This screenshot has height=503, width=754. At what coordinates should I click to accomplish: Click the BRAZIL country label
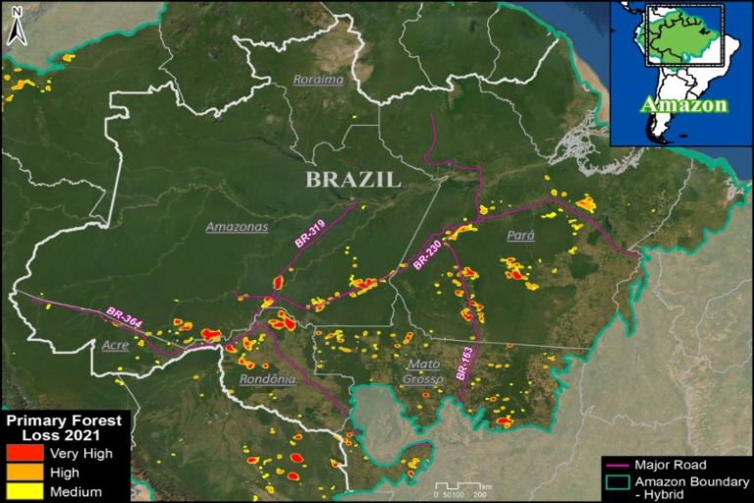352,180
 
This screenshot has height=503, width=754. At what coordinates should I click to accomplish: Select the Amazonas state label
237,227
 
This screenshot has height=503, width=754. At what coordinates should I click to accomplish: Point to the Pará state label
519,237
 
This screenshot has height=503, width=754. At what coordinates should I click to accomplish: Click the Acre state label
115,345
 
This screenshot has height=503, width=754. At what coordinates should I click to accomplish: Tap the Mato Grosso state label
424,370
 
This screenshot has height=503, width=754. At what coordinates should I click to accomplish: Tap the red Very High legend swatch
25,453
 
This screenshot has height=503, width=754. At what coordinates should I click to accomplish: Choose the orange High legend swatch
25,472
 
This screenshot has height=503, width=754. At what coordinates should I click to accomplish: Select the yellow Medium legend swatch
25,490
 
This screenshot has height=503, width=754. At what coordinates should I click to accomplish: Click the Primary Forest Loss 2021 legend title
65,427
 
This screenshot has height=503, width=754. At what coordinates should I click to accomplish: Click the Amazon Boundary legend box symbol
617,481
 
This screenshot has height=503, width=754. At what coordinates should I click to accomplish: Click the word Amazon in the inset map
684,104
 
